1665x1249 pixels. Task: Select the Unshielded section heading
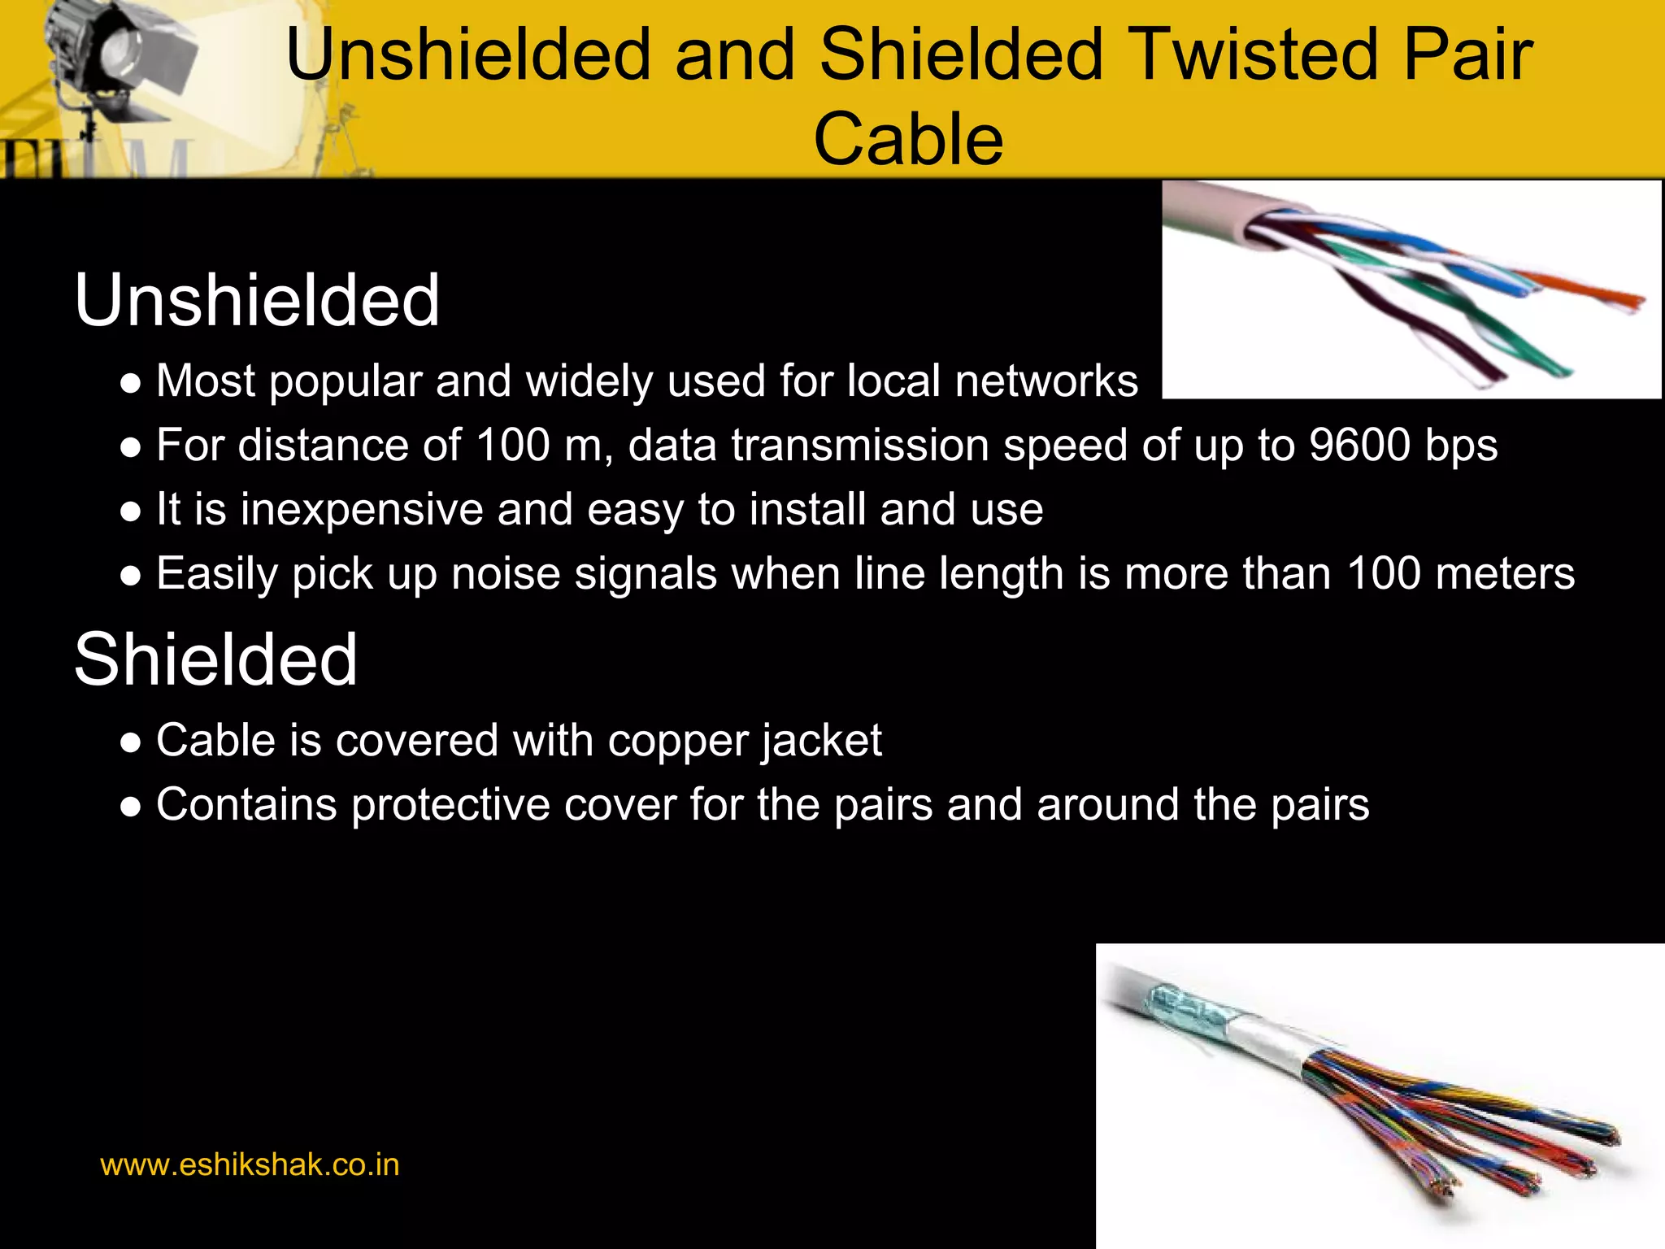(x=257, y=301)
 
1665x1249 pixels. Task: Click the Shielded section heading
(x=215, y=659)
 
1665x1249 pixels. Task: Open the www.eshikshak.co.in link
(x=250, y=1165)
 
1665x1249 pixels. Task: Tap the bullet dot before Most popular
(x=130, y=383)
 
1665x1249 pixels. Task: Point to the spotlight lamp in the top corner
(x=114, y=57)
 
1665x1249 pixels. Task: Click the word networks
(x=1046, y=381)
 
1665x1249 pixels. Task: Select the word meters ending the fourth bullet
(x=1505, y=574)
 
